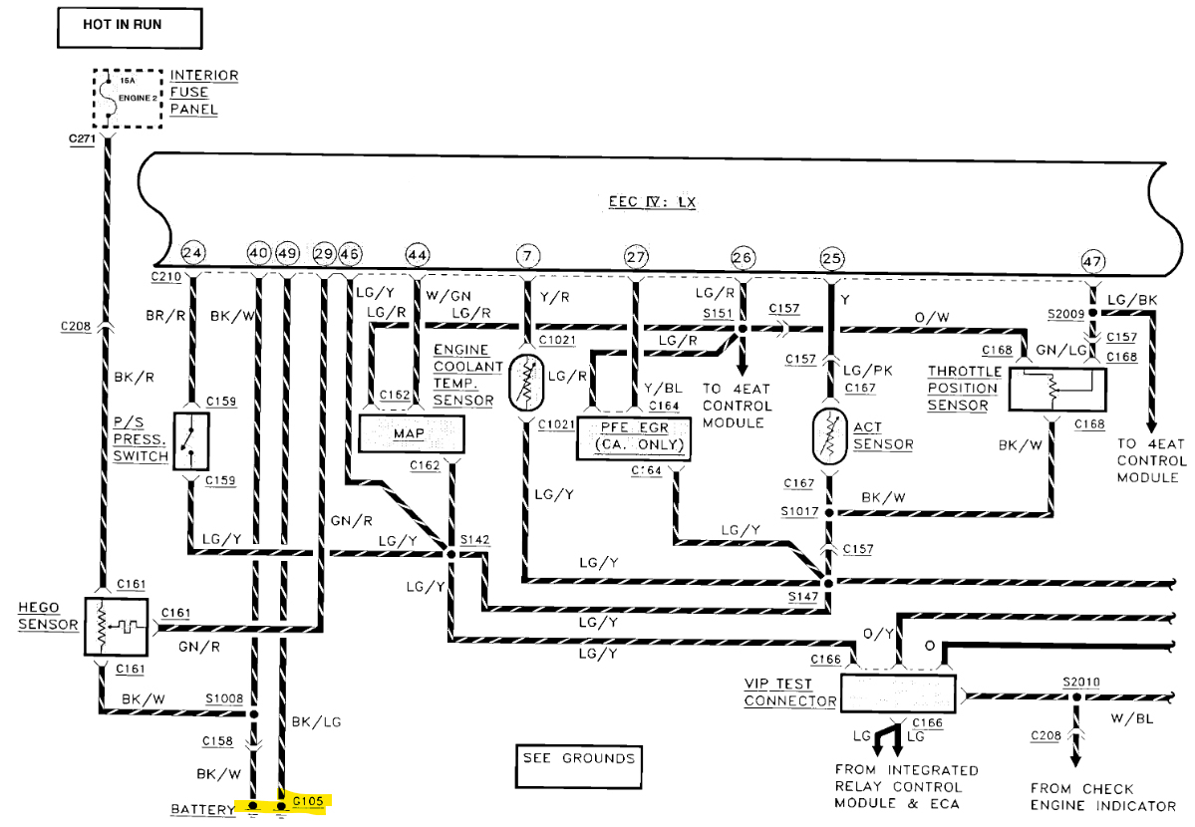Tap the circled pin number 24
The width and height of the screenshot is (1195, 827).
(193, 255)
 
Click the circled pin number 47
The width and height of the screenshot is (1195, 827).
(1093, 261)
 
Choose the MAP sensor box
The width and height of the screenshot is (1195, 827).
(412, 434)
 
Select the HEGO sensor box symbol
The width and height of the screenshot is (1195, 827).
(116, 627)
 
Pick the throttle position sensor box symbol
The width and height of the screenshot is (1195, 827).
(1057, 388)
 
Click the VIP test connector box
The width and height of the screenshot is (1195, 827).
(898, 692)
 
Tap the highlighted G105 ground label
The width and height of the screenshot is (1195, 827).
(308, 799)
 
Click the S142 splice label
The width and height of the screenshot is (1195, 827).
(474, 539)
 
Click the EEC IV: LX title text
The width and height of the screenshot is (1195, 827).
(653, 202)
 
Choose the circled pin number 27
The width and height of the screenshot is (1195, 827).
(636, 256)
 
